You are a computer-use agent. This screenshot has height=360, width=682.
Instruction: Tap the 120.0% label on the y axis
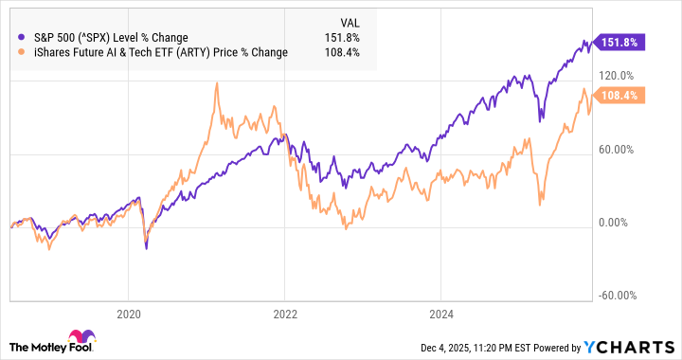[x=615, y=75]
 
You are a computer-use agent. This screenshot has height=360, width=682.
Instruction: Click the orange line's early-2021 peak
[x=217, y=83]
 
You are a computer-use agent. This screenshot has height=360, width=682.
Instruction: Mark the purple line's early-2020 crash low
[x=146, y=247]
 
